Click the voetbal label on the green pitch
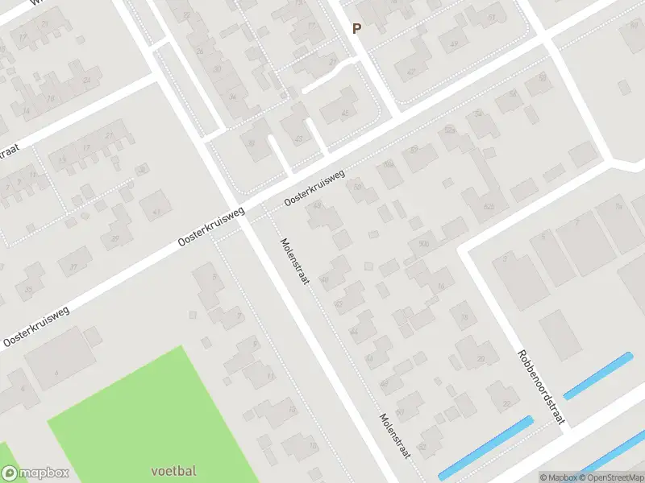click(x=173, y=470)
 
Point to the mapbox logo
click(x=35, y=473)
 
